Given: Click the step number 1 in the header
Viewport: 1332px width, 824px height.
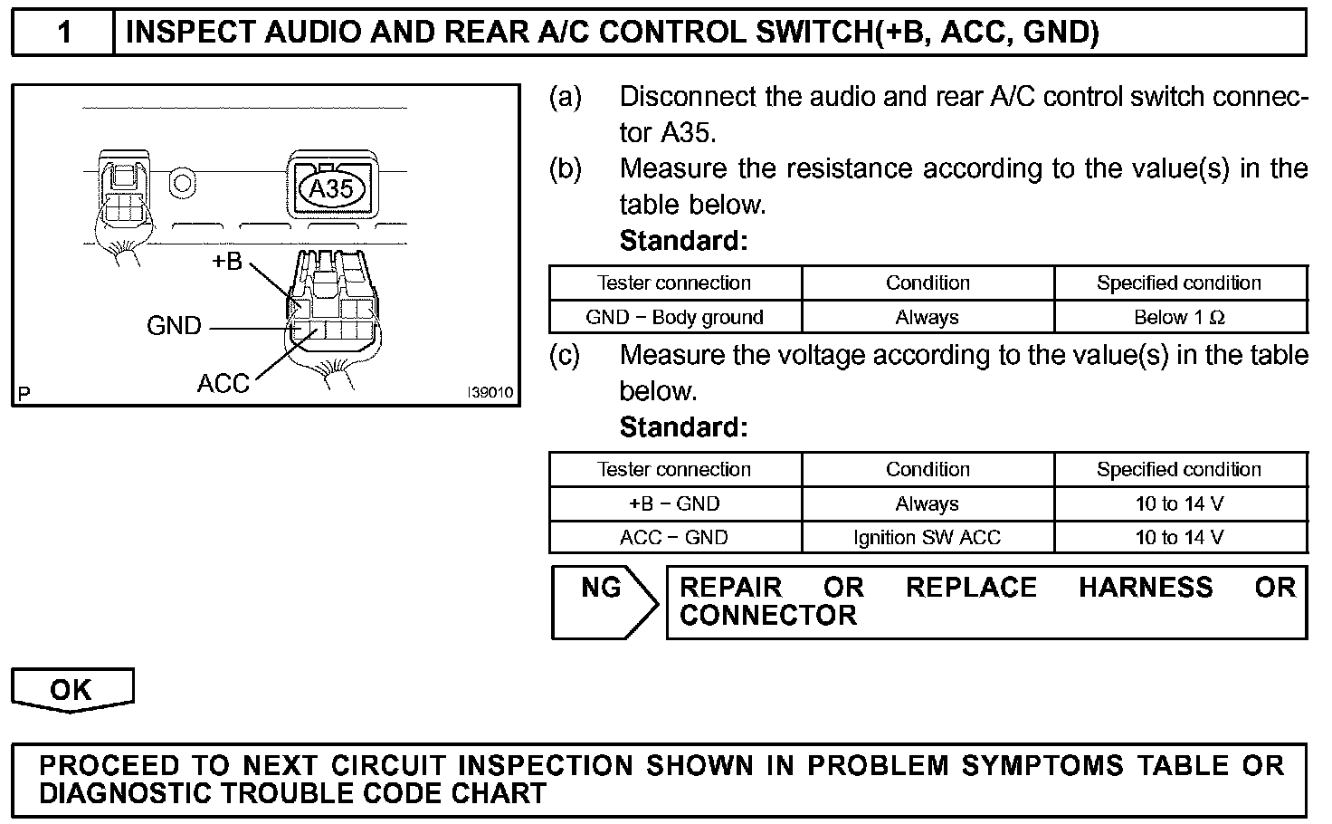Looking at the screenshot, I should point(64,34).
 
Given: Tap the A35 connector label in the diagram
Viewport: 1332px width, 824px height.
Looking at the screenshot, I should point(331,188).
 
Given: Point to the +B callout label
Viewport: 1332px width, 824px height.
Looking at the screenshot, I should point(226,262).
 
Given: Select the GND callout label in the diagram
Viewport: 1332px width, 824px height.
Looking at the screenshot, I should point(174,326).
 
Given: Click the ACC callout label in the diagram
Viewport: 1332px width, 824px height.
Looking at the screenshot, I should point(223,384).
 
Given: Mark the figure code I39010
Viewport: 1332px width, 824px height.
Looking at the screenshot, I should point(490,393).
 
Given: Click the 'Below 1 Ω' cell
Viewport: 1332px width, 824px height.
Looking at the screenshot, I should point(1179,318).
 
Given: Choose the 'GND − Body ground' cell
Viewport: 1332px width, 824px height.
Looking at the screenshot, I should point(674,318).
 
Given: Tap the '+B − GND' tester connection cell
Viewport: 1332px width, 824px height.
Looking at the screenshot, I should point(674,504).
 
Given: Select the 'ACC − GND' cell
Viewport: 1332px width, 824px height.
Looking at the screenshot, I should point(674,538).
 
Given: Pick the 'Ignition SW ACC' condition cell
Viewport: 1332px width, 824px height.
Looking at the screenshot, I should point(927,538).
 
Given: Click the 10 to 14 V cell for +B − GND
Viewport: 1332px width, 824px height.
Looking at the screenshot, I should point(1179,504).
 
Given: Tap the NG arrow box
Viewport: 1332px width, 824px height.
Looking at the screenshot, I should point(603,602).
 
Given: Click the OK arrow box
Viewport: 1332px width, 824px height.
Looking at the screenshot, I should point(71,690).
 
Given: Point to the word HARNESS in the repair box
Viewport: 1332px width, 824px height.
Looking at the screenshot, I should point(1145,588).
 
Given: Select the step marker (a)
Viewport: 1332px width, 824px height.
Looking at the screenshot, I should point(565,97).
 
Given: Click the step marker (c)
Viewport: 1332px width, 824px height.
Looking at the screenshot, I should point(565,355).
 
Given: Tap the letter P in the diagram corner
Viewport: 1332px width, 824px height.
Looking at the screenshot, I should point(24,393).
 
